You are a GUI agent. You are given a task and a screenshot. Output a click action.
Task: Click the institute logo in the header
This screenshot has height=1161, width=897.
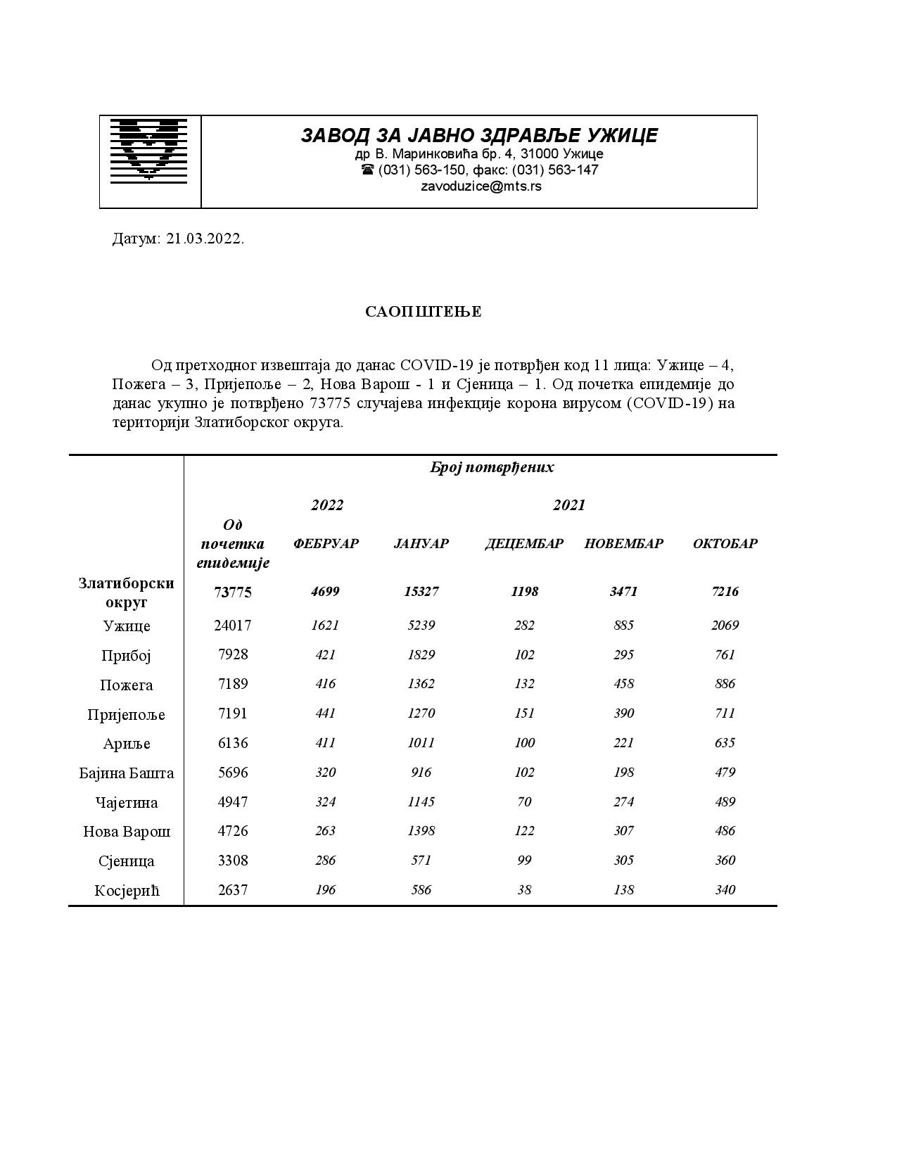[148, 149]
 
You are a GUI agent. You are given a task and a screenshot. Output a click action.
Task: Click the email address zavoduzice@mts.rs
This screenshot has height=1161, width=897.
[481, 186]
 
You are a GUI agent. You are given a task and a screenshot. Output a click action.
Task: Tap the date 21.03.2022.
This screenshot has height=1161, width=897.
[205, 239]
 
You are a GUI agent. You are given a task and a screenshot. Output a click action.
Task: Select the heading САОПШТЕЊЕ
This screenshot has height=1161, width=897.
[423, 312]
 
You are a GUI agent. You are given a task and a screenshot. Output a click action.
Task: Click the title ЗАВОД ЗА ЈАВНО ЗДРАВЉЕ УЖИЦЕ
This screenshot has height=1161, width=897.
[479, 135]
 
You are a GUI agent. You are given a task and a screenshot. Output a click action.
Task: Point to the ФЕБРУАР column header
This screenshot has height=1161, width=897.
[326, 543]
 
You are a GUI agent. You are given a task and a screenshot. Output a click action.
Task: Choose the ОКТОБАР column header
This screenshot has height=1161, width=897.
[725, 543]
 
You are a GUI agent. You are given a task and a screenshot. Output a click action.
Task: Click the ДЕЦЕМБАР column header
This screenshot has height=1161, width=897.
[524, 543]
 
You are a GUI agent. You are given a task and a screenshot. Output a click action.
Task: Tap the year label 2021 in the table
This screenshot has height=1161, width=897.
[568, 505]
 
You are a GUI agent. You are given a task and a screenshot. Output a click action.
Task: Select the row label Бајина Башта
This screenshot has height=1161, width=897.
[127, 773]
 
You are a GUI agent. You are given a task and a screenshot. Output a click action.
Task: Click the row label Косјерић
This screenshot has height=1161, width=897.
[127, 891]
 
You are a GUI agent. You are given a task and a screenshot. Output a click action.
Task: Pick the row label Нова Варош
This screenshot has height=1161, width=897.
[127, 832]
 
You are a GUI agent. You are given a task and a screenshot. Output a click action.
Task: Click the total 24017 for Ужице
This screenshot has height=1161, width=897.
[232, 626]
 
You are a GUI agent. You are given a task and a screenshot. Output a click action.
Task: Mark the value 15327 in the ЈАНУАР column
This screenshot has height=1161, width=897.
[421, 591]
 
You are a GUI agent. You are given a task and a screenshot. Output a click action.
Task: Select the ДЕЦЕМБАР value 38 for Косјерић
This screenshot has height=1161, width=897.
[524, 890]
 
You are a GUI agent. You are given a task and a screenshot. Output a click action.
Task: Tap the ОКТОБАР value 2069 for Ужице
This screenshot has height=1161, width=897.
[725, 626]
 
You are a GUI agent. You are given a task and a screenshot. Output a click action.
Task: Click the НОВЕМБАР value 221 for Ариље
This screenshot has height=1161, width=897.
[623, 743]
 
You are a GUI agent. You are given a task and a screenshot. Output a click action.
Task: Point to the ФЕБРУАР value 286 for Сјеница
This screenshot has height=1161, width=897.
[326, 861]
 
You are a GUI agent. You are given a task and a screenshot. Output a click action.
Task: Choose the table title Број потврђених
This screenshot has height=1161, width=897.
[492, 467]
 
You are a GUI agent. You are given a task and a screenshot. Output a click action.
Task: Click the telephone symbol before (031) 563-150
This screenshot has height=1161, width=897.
[367, 170]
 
